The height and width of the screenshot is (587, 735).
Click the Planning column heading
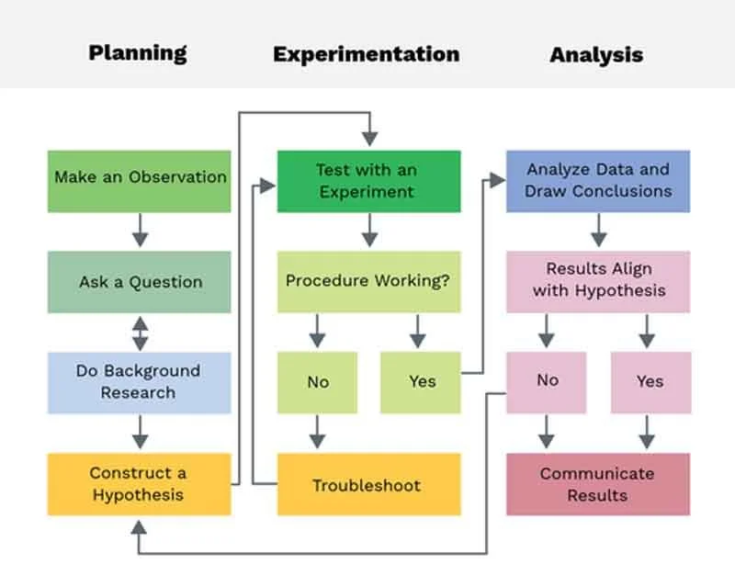pyautogui.click(x=138, y=52)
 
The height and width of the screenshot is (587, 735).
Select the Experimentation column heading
pyautogui.click(x=366, y=54)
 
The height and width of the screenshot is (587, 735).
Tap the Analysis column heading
pyautogui.click(x=596, y=55)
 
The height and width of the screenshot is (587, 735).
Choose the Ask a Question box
pyautogui.click(x=140, y=282)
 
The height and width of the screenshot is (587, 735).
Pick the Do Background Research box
pyautogui.click(x=140, y=381)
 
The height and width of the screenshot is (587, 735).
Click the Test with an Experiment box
pyautogui.click(x=368, y=181)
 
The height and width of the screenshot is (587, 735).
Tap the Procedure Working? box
pyautogui.click(x=368, y=281)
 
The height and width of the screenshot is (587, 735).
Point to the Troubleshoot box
pyautogui.click(x=368, y=484)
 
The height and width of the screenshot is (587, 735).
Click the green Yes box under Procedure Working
pyautogui.click(x=421, y=381)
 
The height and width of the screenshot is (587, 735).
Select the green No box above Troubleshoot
pyautogui.click(x=318, y=381)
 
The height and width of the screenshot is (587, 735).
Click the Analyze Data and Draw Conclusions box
pyautogui.click(x=598, y=181)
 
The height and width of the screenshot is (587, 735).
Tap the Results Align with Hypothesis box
pyautogui.click(x=598, y=281)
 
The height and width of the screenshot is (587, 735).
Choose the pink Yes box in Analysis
pyautogui.click(x=650, y=381)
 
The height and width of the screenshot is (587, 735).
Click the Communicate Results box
pyautogui.click(x=598, y=484)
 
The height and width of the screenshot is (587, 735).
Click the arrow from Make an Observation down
pyautogui.click(x=140, y=231)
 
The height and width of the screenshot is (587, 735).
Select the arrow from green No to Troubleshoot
pyautogui.click(x=318, y=432)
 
